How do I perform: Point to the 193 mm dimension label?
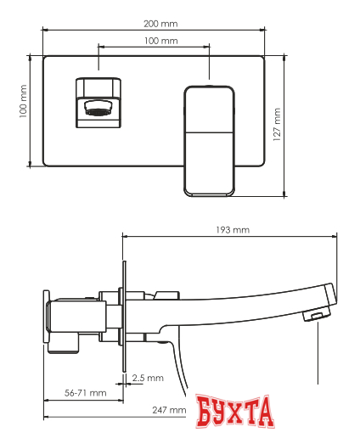[x=232, y=229]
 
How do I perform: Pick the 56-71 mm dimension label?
[x=85, y=392]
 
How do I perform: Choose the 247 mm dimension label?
[x=170, y=411]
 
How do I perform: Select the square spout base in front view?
[x=99, y=103]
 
